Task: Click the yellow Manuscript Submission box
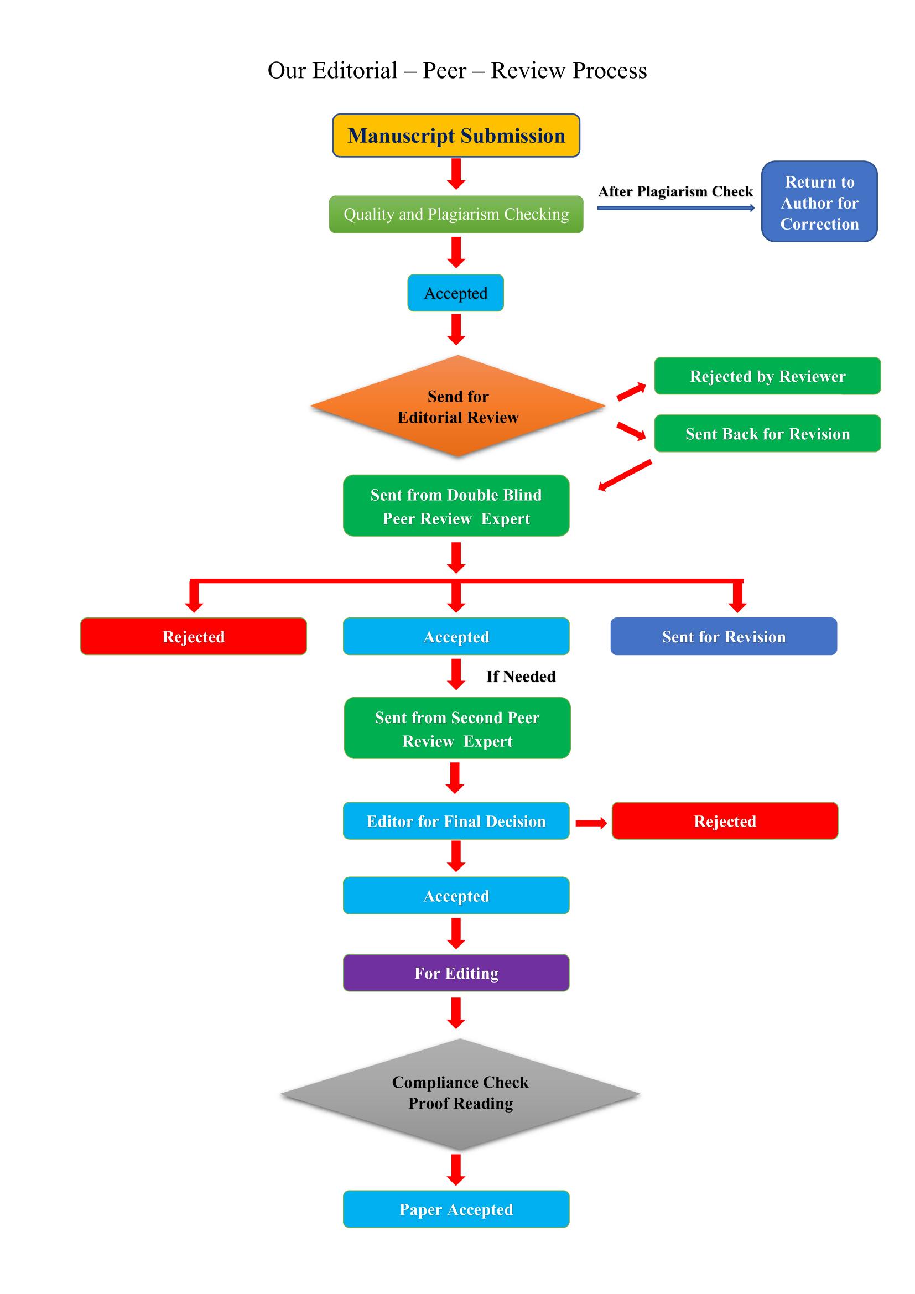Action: click(x=456, y=136)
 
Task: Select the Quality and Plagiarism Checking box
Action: click(x=456, y=214)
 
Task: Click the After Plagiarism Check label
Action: click(x=675, y=191)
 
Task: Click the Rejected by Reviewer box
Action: click(x=767, y=376)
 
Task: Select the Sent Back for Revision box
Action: click(x=767, y=433)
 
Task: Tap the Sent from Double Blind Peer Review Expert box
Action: click(x=456, y=506)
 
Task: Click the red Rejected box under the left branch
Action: click(x=193, y=636)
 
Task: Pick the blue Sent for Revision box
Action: click(x=724, y=636)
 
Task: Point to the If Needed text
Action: click(x=521, y=676)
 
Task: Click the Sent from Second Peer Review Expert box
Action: click(x=457, y=728)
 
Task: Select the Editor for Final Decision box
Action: click(x=456, y=820)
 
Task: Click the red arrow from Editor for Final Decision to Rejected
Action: click(x=590, y=823)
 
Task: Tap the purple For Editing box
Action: click(x=456, y=973)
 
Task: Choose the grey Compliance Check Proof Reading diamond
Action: click(x=460, y=1093)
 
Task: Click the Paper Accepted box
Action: click(x=456, y=1209)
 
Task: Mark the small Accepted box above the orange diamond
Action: click(x=455, y=293)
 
